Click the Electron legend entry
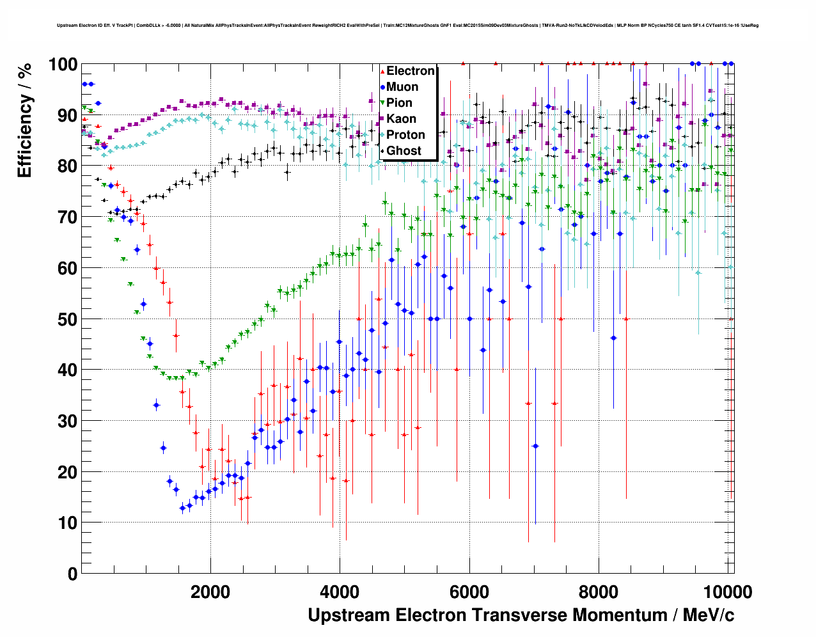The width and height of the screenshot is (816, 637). (410, 71)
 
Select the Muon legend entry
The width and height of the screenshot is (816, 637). (402, 87)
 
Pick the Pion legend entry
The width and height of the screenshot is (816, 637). (399, 103)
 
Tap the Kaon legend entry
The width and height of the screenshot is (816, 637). (401, 119)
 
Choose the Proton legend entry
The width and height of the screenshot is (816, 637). (405, 135)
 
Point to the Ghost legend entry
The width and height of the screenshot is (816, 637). (404, 151)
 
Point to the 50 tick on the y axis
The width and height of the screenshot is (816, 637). (67, 319)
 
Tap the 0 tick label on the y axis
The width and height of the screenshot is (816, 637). (72, 574)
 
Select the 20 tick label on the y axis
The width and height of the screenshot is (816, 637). (67, 472)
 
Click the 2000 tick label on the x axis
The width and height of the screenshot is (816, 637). (210, 592)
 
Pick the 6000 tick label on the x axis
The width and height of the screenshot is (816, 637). (469, 592)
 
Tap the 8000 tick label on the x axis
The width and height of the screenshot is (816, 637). (598, 592)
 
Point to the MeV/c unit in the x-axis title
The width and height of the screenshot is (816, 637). (708, 615)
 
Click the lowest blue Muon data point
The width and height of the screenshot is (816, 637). (182, 508)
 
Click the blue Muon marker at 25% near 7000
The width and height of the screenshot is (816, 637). (535, 446)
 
